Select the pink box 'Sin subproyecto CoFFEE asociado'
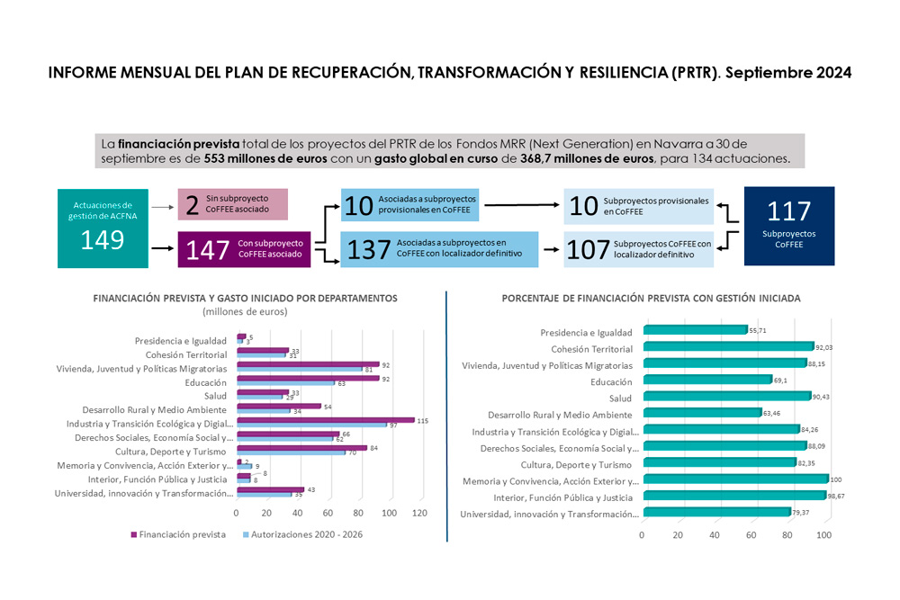tap(233, 204)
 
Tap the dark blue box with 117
tap(789, 226)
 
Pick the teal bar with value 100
tap(734, 479)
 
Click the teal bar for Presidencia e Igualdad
tap(695, 330)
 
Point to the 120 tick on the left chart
tap(418, 513)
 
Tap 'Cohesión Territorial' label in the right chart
tap(591, 348)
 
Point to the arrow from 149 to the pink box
tap(163, 206)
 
